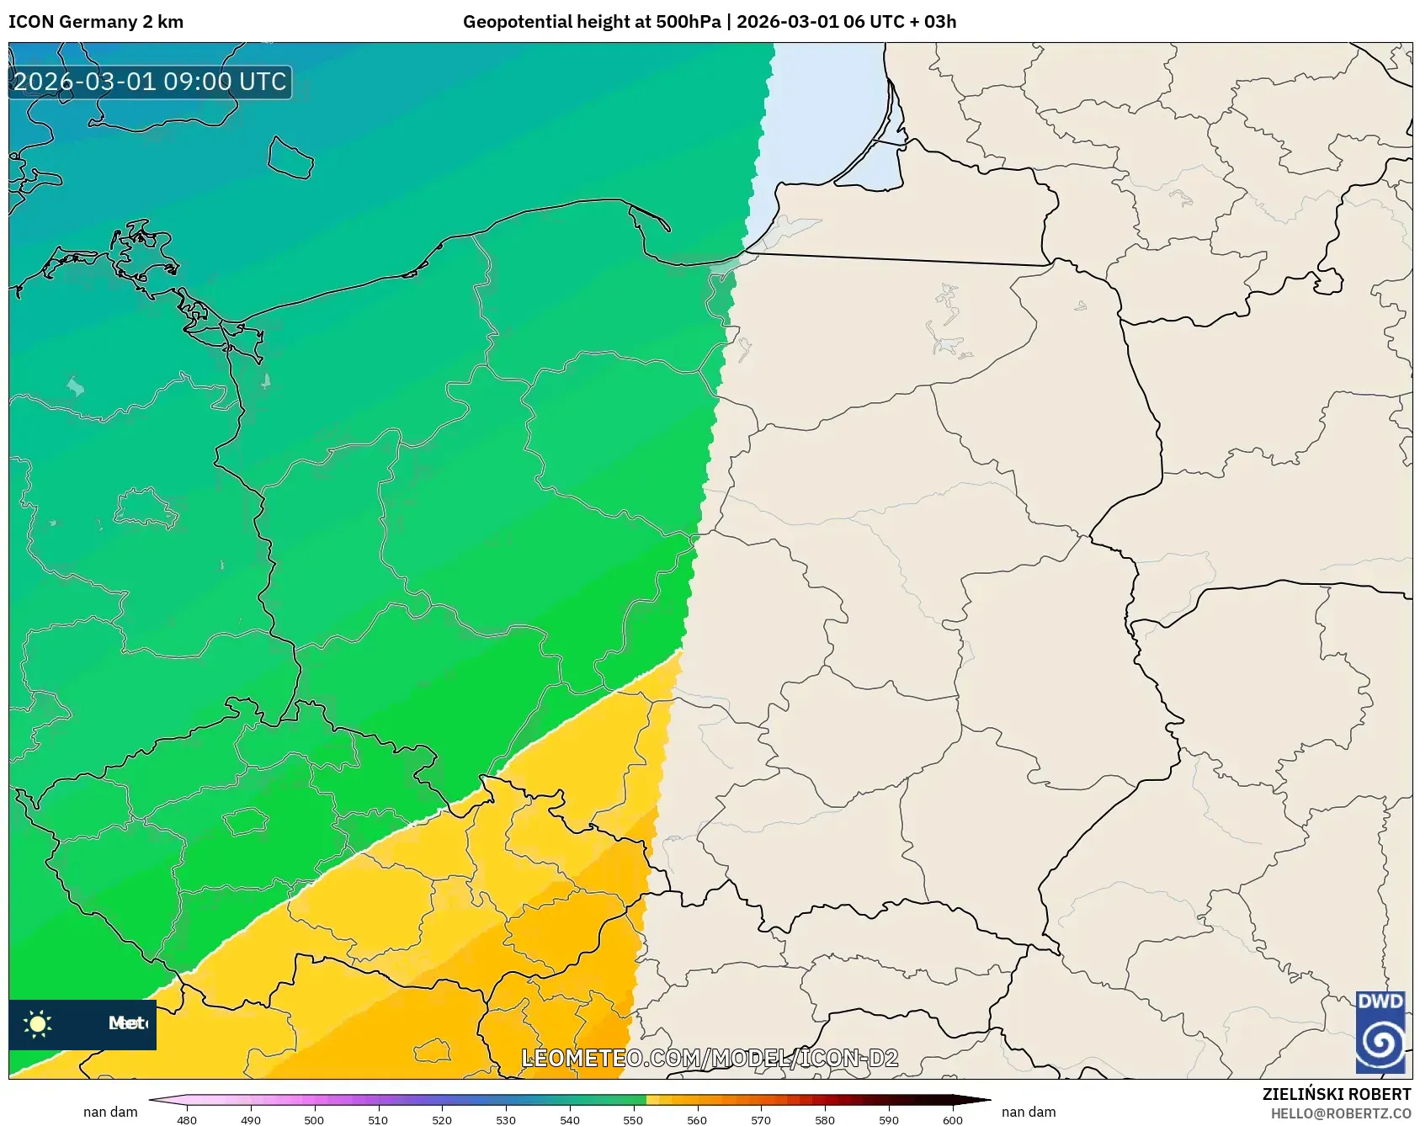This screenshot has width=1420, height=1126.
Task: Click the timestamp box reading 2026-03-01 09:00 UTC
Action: tap(150, 82)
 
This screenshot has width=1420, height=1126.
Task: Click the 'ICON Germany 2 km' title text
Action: tap(96, 22)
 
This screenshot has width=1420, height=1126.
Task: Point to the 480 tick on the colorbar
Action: tap(187, 1119)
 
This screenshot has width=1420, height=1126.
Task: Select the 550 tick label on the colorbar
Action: tap(633, 1119)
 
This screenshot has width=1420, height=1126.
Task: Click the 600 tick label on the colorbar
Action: tap(952, 1119)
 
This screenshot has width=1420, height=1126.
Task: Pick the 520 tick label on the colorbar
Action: tap(442, 1119)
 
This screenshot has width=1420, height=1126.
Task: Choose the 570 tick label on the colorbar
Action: tap(761, 1119)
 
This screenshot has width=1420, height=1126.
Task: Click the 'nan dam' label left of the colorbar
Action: tap(110, 1112)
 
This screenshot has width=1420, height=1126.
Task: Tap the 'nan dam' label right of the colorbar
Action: tap(1029, 1112)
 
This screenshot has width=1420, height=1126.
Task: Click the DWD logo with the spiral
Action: tap(1380, 1033)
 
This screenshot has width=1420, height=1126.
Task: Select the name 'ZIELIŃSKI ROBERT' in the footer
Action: tap(1336, 1094)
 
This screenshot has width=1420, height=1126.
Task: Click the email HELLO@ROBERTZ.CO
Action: tap(1340, 1113)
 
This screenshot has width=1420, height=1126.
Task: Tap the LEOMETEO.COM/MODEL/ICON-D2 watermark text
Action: tap(710, 1058)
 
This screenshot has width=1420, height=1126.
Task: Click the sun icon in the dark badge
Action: tap(38, 1023)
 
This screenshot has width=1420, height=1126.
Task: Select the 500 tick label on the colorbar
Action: tap(314, 1119)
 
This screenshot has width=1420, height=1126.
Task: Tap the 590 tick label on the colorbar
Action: tap(889, 1119)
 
